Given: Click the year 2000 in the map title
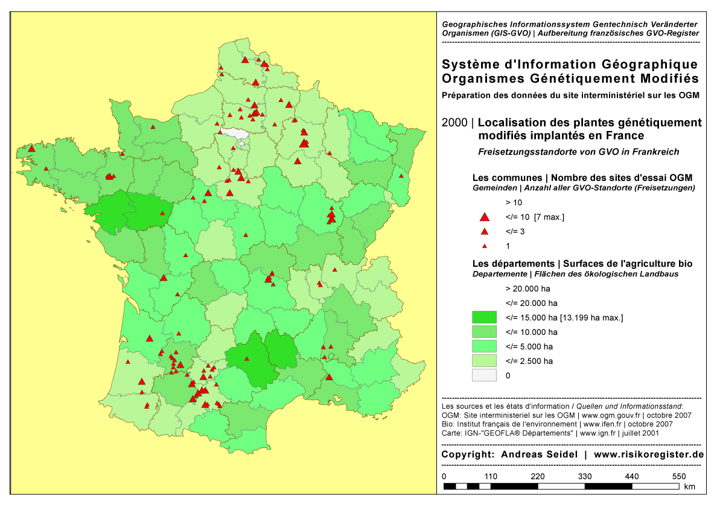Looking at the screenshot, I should (453, 123).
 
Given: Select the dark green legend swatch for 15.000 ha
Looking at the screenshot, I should (484, 317).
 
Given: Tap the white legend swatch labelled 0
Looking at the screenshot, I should (484, 375).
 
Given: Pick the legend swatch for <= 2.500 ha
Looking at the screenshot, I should (484, 361).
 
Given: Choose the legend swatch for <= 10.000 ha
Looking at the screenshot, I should (484, 332).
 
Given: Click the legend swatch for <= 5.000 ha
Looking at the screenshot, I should (484, 346).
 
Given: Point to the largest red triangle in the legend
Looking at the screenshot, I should (483, 217).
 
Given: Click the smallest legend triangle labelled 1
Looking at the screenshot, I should (483, 246).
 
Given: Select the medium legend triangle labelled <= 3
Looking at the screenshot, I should (483, 232).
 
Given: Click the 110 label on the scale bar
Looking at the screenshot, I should (491, 477).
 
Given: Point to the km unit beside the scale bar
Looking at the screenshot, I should (690, 486).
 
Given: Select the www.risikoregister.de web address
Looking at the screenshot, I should (649, 454).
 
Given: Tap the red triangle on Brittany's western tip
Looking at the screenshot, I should (31, 148).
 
